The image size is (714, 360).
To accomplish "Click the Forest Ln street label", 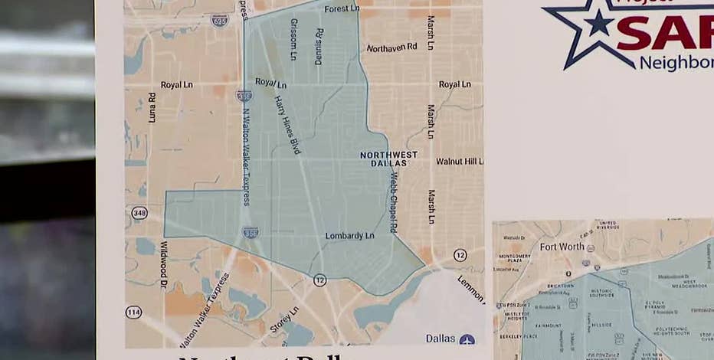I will [342, 9].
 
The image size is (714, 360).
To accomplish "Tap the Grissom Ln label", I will [293, 39].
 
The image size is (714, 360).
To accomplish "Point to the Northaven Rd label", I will [391, 47].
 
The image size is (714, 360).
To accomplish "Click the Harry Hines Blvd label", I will [288, 125].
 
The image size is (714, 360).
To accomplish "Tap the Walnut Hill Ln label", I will [460, 162].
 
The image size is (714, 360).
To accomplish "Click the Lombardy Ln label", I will [349, 236].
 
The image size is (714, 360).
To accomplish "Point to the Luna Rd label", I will [152, 107].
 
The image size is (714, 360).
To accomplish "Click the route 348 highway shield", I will [139, 213].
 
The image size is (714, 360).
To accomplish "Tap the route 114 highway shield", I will [133, 313].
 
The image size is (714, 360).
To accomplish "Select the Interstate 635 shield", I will [220, 20].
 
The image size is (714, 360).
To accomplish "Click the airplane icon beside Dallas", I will [467, 339].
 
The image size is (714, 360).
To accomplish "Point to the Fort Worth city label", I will [562, 247].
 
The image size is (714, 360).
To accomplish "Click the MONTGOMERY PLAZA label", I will [514, 260].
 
